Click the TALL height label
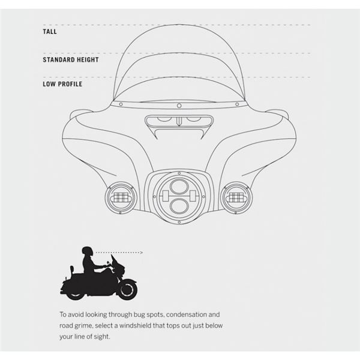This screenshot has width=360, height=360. (50, 31)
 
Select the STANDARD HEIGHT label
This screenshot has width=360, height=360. (71, 59)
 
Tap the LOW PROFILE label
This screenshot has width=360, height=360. (62, 84)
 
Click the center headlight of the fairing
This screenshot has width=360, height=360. (179, 197)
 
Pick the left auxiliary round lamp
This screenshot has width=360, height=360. (121, 197)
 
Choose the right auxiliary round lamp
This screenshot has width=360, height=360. (236, 197)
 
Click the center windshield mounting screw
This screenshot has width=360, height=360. (179, 106)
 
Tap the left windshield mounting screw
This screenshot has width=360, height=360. (121, 104)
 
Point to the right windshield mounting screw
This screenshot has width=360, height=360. (238, 104)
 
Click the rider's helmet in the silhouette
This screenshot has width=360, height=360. (88, 251)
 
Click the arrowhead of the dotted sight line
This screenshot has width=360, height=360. (141, 253)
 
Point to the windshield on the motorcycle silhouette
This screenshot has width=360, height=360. (114, 260)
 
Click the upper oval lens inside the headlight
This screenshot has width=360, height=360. (178, 186)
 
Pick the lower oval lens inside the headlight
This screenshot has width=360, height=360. (179, 206)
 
